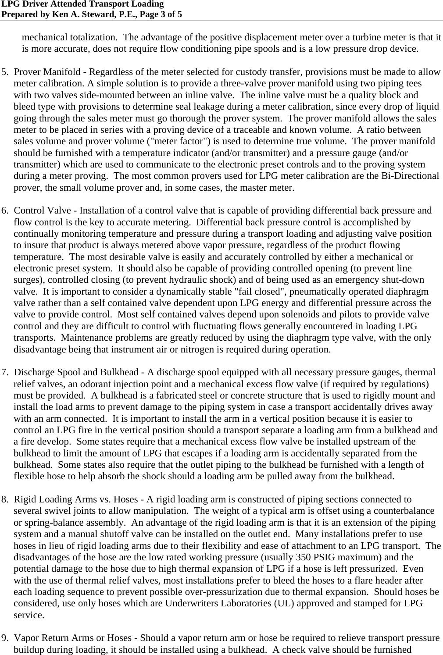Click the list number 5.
pyautogui.click(x=4, y=72)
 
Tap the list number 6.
pyautogui.click(x=4, y=211)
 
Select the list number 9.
pyautogui.click(x=4, y=638)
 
